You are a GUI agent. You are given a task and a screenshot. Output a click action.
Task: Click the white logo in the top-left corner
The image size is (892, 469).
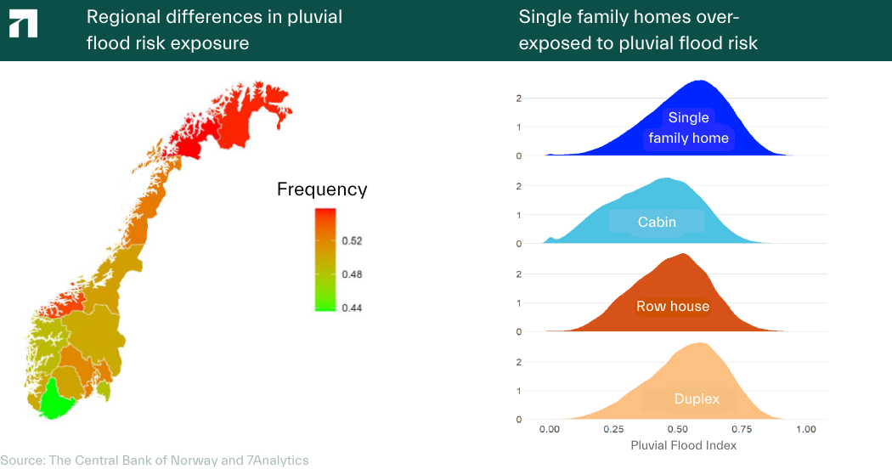click(23, 25)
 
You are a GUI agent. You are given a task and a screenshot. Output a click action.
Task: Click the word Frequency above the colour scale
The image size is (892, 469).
click(322, 189)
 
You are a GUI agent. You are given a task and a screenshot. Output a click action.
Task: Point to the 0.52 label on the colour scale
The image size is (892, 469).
click(352, 241)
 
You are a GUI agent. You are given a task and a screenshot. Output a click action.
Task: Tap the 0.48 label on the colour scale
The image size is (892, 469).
click(352, 274)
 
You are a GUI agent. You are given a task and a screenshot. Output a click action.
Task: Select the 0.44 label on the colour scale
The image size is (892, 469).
click(352, 308)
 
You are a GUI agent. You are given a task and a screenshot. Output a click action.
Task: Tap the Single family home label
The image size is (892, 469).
click(688, 127)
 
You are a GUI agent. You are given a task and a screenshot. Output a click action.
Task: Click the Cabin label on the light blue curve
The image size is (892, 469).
click(657, 222)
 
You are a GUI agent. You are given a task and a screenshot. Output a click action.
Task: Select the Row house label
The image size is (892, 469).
click(673, 306)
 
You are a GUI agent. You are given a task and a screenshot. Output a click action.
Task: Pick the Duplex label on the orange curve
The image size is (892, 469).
click(697, 398)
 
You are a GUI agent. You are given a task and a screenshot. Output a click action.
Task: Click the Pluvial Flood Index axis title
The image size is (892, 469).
click(683, 445)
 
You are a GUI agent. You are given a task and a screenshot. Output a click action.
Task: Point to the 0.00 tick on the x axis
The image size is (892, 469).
click(550, 429)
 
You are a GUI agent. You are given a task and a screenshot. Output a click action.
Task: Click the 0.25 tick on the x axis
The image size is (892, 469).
click(613, 429)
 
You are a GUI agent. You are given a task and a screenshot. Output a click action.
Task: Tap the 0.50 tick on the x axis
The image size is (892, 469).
click(677, 429)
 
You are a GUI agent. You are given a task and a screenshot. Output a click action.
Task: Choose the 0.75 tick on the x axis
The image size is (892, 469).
click(741, 429)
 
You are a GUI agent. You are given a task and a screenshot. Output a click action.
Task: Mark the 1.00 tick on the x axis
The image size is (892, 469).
click(804, 429)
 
